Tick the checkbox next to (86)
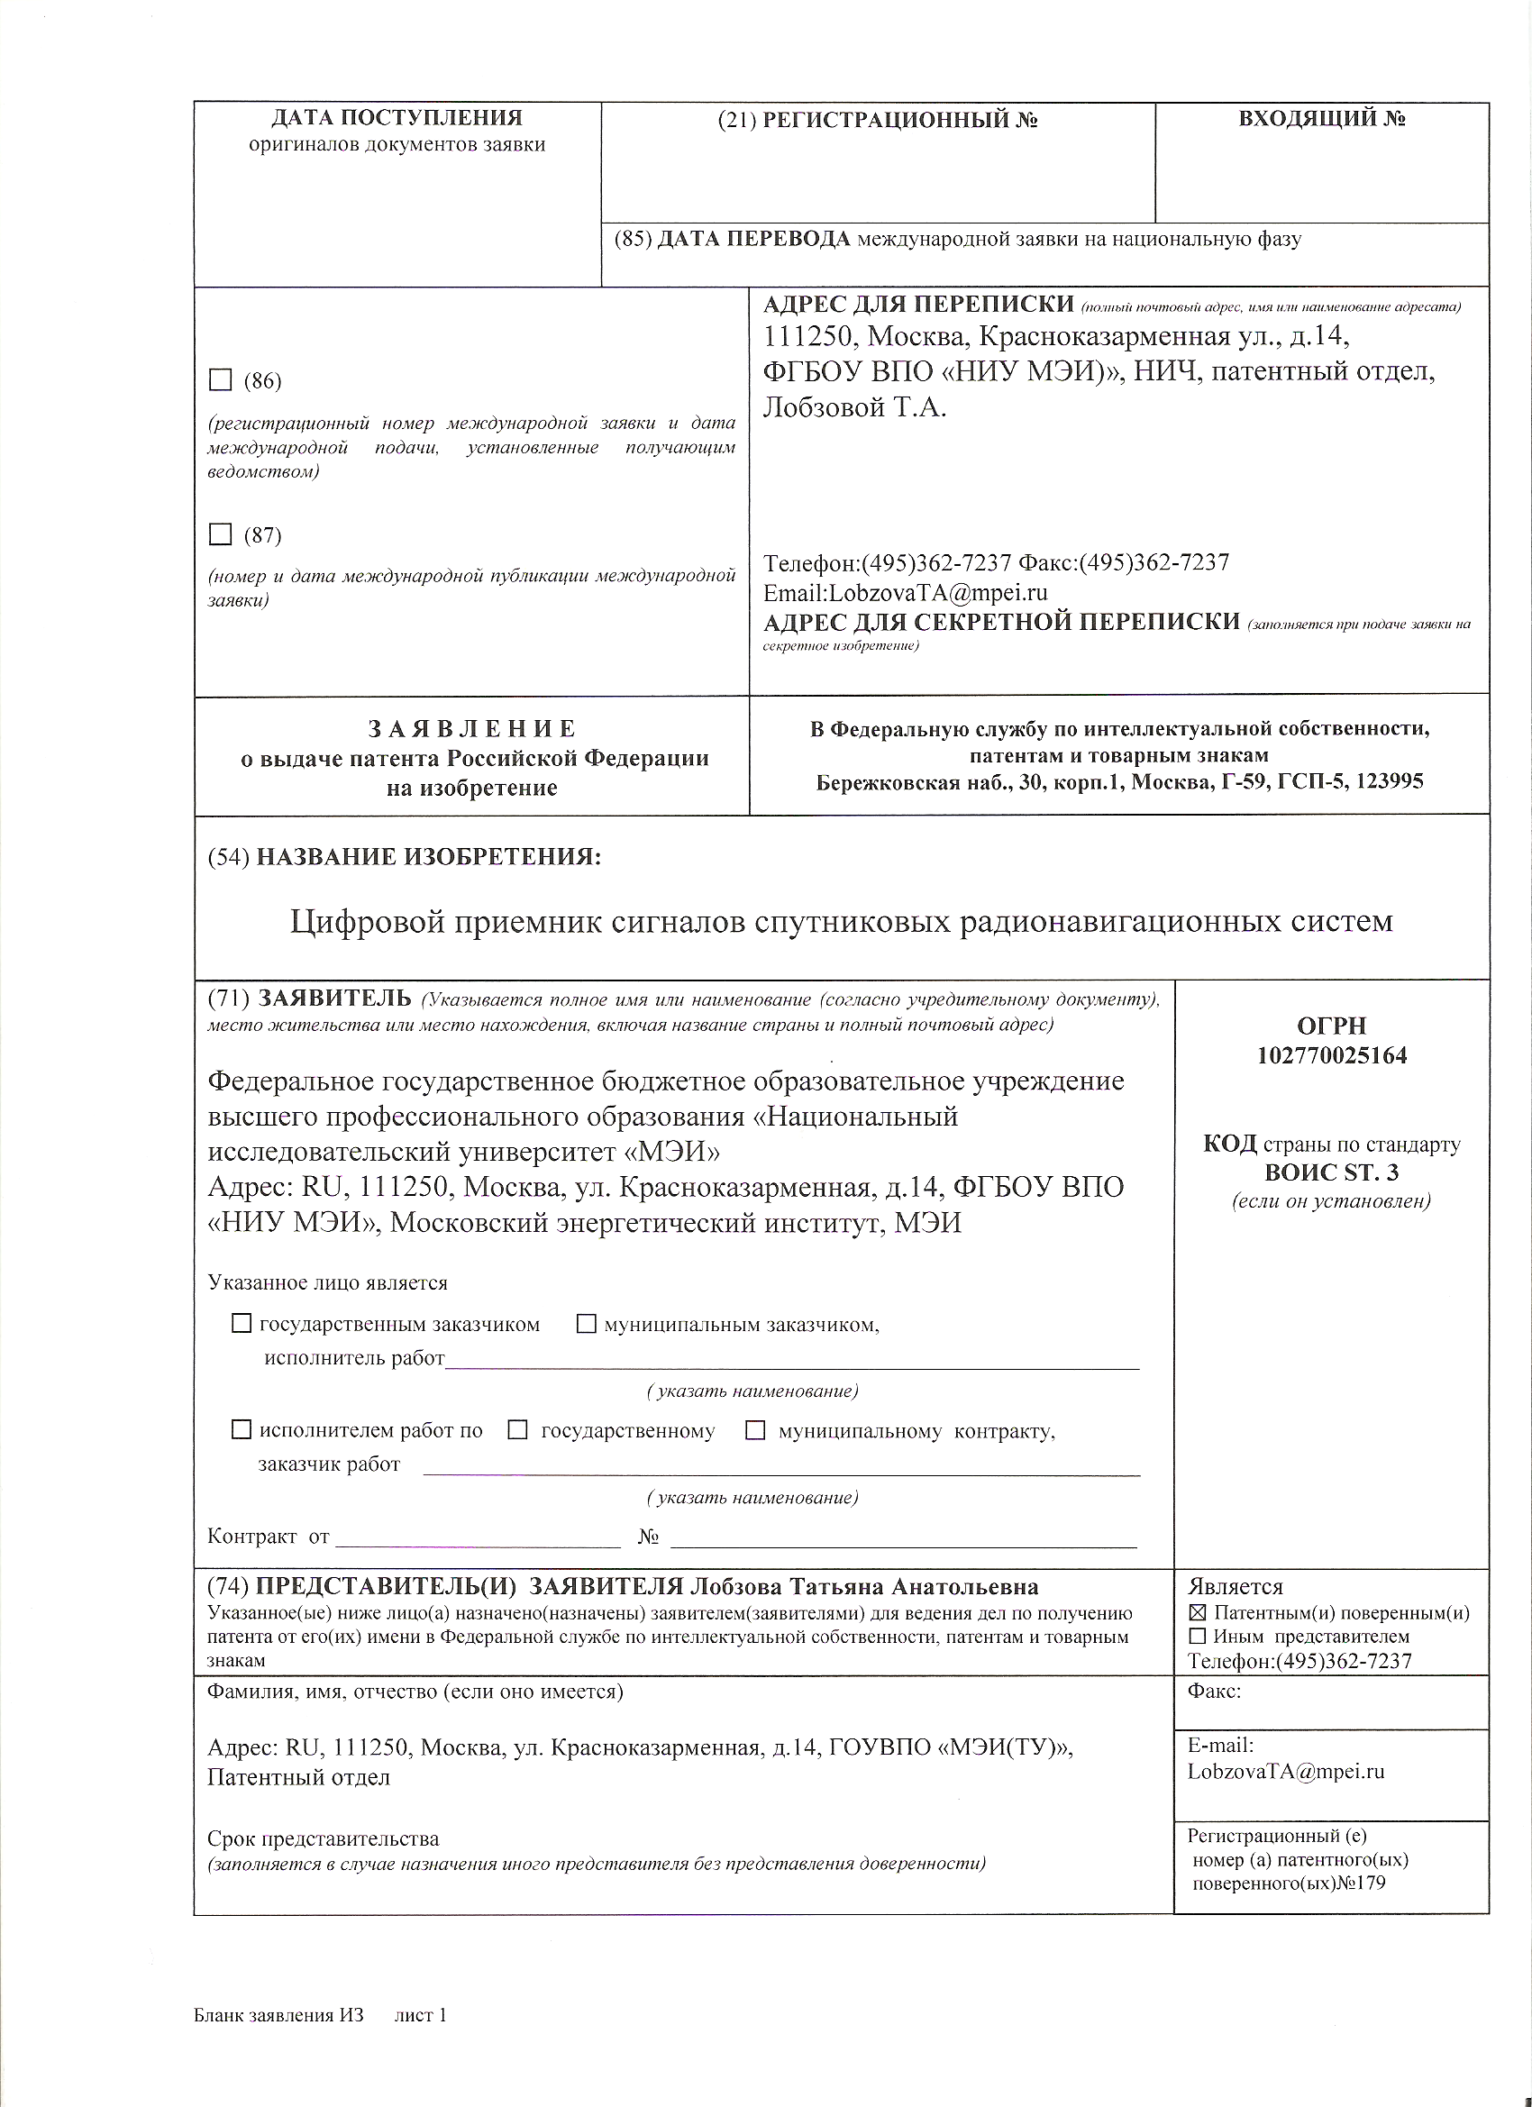tap(220, 380)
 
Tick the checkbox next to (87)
tap(220, 534)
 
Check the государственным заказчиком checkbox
tap(242, 1324)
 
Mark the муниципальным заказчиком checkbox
tap(587, 1324)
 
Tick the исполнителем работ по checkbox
tap(242, 1429)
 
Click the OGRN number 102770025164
tap(1331, 1055)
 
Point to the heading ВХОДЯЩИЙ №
tap(1321, 119)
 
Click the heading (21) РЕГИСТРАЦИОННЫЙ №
tap(878, 120)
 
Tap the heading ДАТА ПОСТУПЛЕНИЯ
tap(397, 118)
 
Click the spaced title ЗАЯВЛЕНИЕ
tap(472, 728)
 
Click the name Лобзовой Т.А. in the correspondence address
tap(854, 408)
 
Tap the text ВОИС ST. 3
tap(1331, 1172)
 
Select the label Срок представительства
tap(324, 1838)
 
